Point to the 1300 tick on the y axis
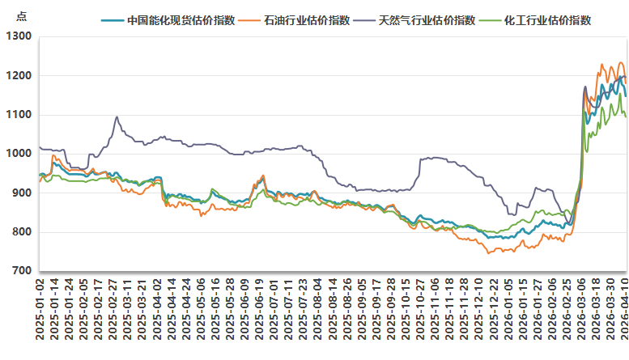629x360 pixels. point(18,36)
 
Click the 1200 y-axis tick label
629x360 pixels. point(18,76)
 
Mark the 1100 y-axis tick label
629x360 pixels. point(18,115)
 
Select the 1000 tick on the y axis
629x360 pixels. point(18,154)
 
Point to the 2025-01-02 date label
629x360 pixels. point(40,312)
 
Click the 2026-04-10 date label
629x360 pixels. point(625,312)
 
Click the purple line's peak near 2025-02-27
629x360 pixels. point(117,116)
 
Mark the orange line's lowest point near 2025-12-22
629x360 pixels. point(488,253)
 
